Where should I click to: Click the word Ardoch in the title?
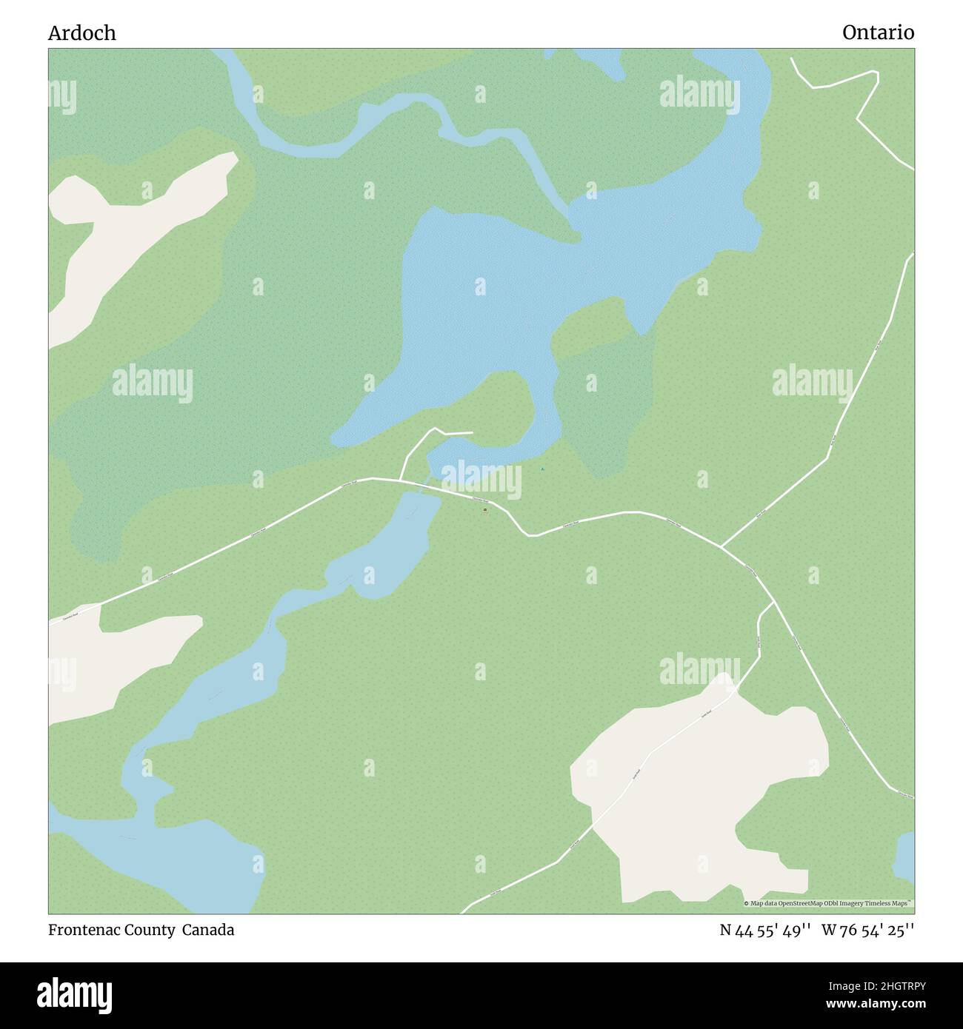pos(81,33)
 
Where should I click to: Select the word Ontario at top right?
pos(878,33)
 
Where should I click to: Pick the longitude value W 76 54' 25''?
pos(867,931)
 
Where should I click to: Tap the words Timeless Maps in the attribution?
pos(893,903)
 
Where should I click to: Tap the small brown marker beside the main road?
pos(485,510)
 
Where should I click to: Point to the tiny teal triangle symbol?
pos(542,469)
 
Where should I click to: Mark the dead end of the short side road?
pos(472,432)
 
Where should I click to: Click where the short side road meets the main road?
pos(401,480)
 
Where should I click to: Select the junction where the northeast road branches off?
pos(722,546)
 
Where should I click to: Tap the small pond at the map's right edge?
pos(905,857)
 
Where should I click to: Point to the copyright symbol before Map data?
pos(747,903)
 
